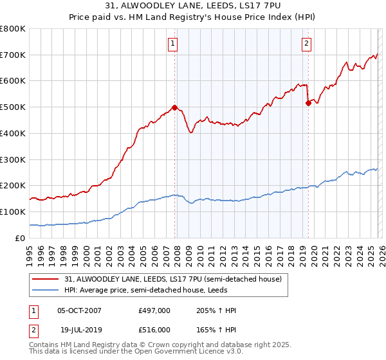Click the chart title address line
point(192,6)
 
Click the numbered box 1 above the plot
point(174,44)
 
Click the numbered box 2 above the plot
point(306,44)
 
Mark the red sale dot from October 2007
point(174,108)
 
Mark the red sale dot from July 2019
point(308,103)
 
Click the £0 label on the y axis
point(21,238)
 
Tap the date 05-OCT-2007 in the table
point(79,311)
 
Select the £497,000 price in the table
point(154,311)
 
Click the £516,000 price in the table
point(154,329)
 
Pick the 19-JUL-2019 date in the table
point(79,329)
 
